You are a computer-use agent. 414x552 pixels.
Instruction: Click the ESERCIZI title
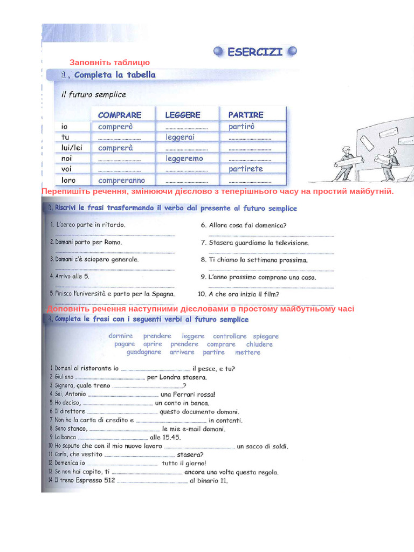point(254,52)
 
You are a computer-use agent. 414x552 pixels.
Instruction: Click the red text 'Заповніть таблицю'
point(109,63)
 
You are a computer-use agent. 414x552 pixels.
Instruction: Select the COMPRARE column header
point(120,115)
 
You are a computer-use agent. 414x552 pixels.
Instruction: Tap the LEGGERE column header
point(182,115)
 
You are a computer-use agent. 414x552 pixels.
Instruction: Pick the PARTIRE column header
point(246,115)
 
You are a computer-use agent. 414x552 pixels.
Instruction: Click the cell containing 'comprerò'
point(115,127)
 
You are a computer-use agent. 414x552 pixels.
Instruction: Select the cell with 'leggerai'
point(180,137)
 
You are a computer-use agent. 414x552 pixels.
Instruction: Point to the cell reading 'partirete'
point(245,169)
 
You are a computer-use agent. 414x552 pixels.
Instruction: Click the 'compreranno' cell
point(122,180)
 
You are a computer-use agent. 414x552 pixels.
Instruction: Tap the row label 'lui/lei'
point(72,148)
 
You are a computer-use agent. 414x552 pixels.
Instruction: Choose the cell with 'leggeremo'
point(184,158)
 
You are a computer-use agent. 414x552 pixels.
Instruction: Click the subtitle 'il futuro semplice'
point(93,94)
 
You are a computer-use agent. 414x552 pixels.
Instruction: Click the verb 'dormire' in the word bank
point(120,336)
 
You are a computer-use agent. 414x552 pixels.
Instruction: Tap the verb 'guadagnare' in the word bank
point(143,352)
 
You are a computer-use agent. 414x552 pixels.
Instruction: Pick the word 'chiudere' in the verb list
point(259,344)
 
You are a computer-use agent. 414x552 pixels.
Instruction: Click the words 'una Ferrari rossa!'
point(188,394)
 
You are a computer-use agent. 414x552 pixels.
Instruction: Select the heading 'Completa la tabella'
point(115,75)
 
